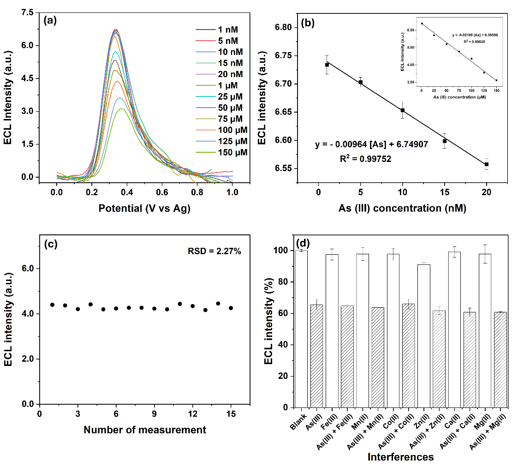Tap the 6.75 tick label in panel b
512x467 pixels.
click(283, 56)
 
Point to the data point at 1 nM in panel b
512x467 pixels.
click(327, 65)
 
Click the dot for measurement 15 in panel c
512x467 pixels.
click(231, 308)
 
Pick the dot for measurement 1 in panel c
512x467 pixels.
click(52, 305)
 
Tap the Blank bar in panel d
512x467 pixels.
click(302, 329)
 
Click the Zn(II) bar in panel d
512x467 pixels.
click(423, 335)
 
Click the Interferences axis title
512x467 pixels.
click(400, 457)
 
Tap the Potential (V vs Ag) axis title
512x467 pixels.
click(144, 208)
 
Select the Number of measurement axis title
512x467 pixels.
click(144, 430)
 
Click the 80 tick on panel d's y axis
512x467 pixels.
click(288, 282)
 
